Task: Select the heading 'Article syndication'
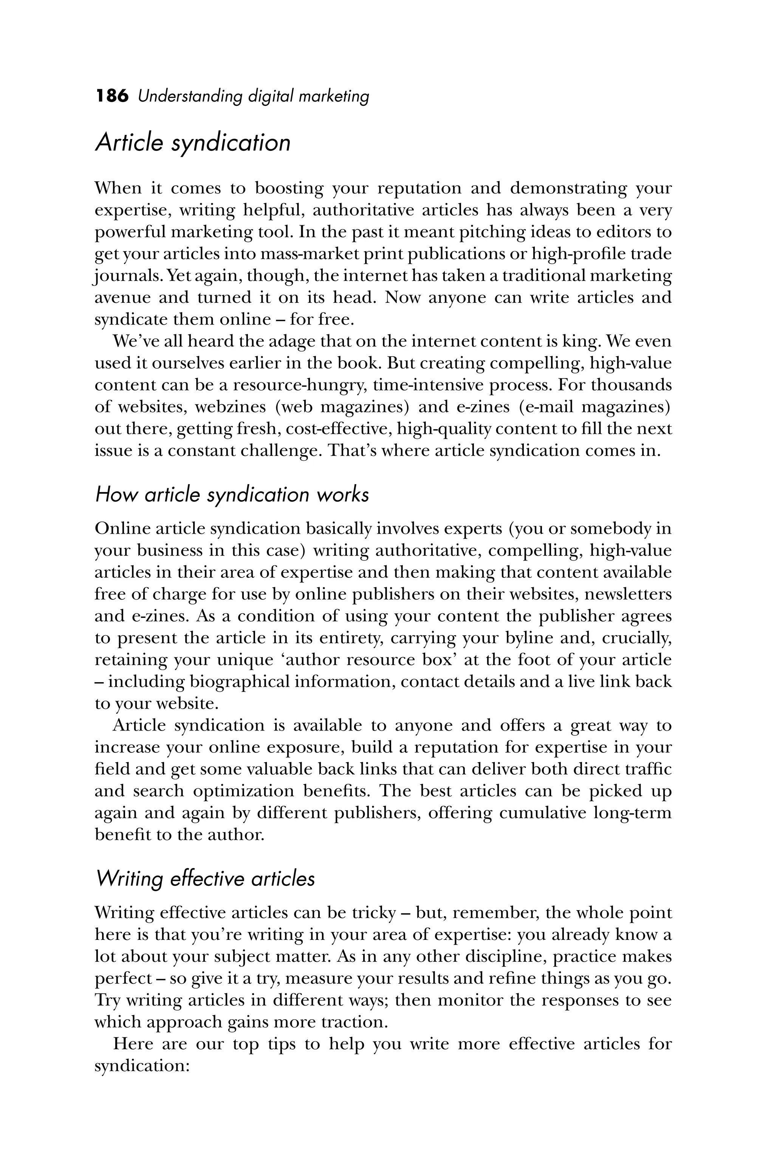192,143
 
